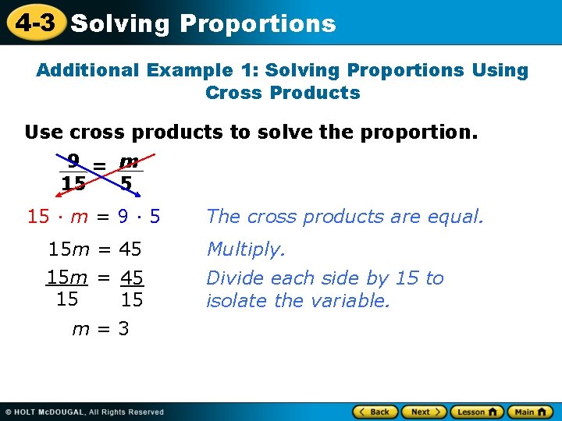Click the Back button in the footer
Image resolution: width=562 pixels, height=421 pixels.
click(x=375, y=412)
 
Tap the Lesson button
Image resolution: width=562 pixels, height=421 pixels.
click(x=477, y=412)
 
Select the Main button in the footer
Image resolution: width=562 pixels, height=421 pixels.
click(x=529, y=412)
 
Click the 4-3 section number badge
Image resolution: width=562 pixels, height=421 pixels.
click(x=35, y=23)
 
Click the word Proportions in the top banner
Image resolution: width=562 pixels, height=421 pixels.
click(x=258, y=23)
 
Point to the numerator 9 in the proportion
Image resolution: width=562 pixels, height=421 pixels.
click(x=73, y=162)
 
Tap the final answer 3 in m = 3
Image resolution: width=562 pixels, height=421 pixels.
click(x=123, y=329)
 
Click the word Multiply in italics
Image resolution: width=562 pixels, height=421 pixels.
click(x=245, y=249)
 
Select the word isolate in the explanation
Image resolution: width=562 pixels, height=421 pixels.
click(x=236, y=300)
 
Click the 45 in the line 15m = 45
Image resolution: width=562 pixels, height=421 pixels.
click(x=130, y=249)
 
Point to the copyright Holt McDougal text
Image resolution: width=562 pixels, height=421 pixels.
click(x=86, y=412)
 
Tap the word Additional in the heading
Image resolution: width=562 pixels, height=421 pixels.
click(x=87, y=70)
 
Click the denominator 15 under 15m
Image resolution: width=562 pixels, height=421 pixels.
click(x=67, y=299)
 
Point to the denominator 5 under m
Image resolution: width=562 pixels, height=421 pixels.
click(x=126, y=184)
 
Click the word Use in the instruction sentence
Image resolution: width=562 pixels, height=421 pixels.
click(x=42, y=132)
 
